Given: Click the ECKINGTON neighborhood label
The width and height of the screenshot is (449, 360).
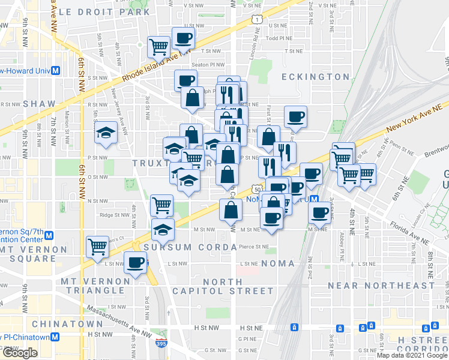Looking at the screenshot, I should (316, 77).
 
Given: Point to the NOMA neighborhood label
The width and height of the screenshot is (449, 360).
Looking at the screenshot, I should (278, 263).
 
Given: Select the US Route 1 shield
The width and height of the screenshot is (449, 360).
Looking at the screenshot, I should (258, 20).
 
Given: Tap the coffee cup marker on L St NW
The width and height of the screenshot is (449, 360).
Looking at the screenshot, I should (136, 262).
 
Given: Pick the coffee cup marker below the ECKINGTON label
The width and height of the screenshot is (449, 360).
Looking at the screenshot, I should (295, 117).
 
